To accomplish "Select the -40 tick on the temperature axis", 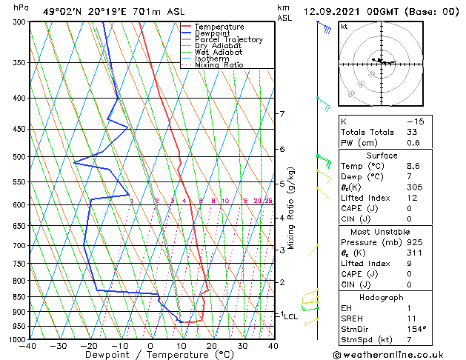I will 29,346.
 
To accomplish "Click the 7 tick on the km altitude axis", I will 282,114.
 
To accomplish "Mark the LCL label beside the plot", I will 290,316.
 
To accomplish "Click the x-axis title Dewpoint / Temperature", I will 150,356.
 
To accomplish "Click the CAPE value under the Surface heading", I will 408,208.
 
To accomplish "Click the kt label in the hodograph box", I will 344,27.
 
